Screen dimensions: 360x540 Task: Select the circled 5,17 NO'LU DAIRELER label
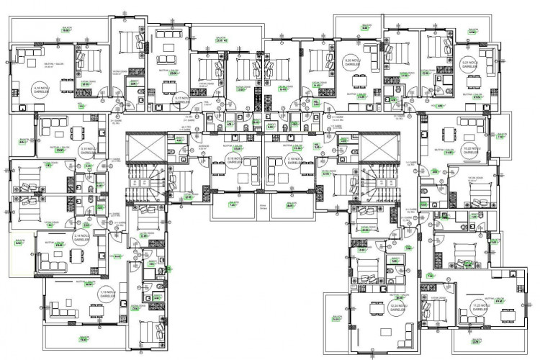[183, 99]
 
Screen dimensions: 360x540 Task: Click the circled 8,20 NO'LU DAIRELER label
[353, 63]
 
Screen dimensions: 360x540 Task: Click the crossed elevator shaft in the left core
[144, 150]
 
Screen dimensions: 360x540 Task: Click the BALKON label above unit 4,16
[66, 30]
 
